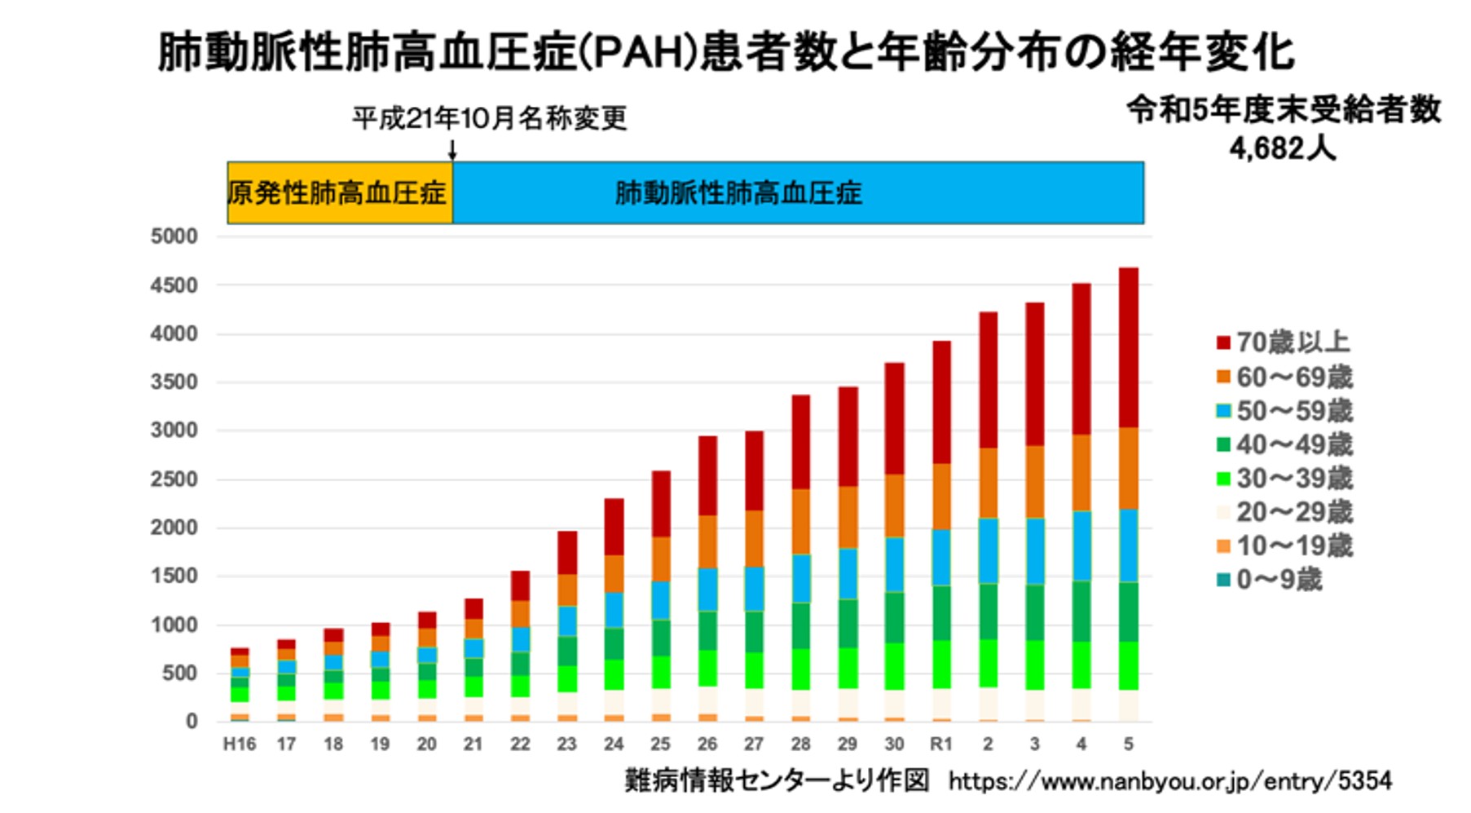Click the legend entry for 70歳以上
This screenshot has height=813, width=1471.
(1283, 342)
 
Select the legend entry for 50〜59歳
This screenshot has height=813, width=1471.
(1284, 410)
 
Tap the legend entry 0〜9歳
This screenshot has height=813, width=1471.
(1269, 580)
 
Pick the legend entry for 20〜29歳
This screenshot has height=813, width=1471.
(1284, 512)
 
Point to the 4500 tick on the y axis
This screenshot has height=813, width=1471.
(174, 285)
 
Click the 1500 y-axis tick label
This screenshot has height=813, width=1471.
(174, 576)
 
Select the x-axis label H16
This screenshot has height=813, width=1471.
(240, 744)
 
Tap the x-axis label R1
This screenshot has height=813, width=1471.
(940, 744)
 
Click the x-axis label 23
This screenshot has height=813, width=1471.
(566, 744)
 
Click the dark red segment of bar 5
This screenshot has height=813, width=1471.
(1128, 347)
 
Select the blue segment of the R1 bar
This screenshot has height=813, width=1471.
(941, 557)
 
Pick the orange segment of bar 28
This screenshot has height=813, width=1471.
(801, 522)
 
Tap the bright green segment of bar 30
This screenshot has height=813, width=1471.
(894, 666)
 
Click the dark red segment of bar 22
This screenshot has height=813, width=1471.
(520, 585)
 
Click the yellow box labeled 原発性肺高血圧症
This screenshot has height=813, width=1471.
(339, 193)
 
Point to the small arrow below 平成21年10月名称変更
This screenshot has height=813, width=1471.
(452, 150)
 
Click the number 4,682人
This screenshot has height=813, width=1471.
(1282, 148)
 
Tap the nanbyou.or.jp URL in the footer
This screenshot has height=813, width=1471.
(1169, 781)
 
